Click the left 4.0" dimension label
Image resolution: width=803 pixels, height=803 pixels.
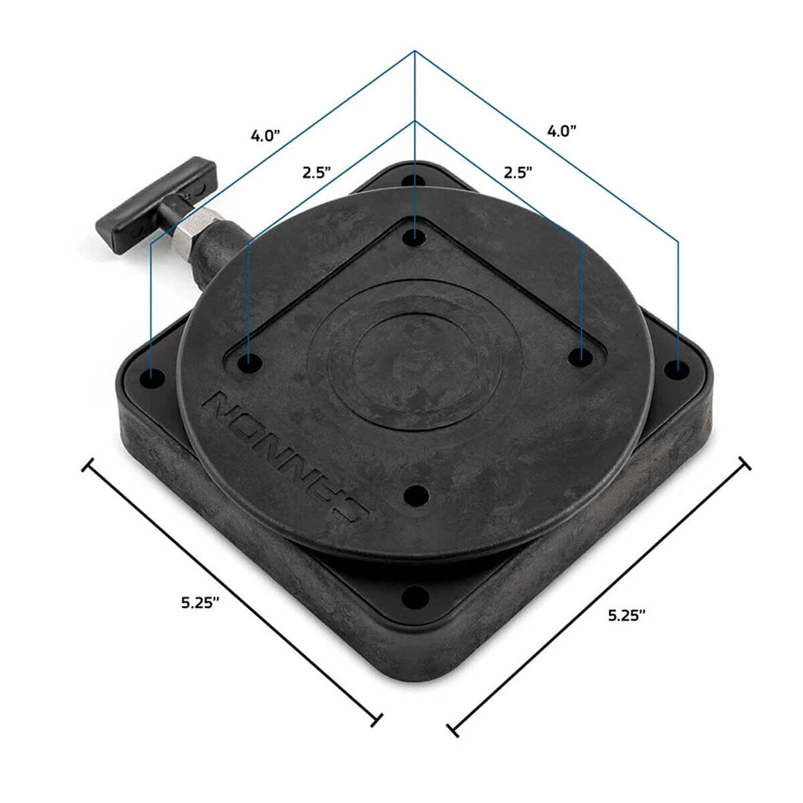pos(265,135)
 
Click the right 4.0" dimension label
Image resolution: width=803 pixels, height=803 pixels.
pos(562,131)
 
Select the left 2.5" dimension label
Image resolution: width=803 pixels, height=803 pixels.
pos(317,172)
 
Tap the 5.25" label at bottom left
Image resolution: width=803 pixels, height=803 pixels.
pos(199,603)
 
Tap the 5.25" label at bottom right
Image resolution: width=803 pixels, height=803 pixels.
pos(626,614)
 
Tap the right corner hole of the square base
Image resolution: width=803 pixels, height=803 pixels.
pos(676,368)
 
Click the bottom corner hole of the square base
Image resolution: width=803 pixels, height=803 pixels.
pos(416,595)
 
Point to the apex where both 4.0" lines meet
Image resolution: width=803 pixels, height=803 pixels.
pos(414,51)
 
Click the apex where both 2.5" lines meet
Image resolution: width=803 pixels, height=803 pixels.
pos(414,120)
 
